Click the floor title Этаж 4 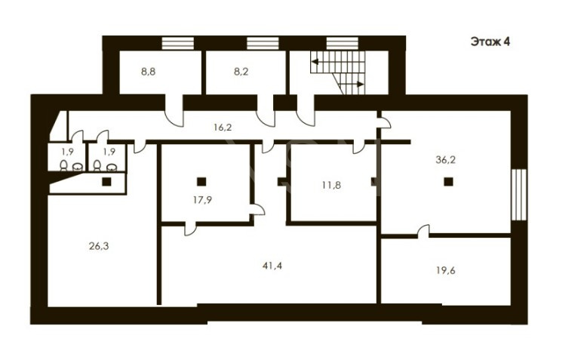coord(490,42)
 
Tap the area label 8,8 coord(148,72)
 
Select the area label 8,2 coord(241,72)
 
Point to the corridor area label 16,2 coord(223,128)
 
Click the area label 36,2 coord(445,160)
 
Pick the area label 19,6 coord(445,270)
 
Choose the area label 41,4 coord(272,266)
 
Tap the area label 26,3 coord(99,246)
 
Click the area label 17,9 coord(202,200)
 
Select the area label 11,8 coord(332,185)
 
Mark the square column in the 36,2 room coord(448,182)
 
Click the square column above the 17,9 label coord(201,182)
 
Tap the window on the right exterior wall coord(519,195)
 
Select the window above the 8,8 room coord(178,43)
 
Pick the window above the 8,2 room coord(263,43)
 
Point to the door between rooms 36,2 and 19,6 coord(423,231)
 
